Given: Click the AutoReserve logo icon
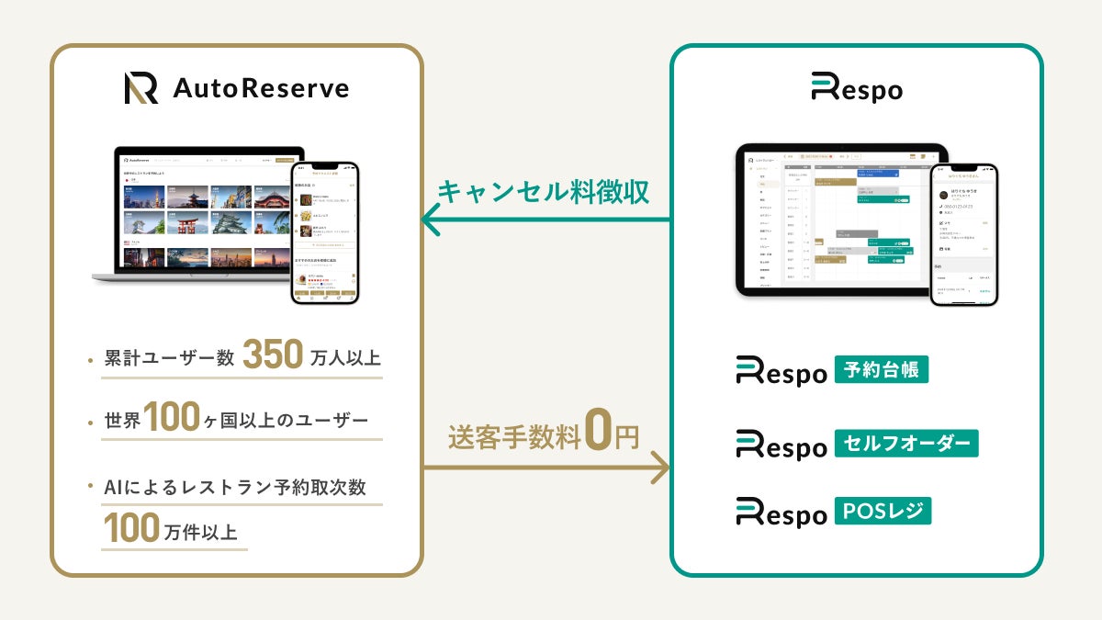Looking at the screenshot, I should point(141,88).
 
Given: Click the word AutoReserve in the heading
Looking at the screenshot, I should point(261,89).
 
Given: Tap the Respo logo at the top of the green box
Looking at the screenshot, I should point(856,89).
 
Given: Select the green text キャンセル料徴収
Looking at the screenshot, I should point(544,192).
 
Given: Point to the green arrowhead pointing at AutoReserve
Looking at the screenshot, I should point(431,220).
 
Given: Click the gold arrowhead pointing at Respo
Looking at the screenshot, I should point(660,468).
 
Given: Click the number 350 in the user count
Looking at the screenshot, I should point(274,356).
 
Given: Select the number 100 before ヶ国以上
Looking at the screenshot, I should point(172,419).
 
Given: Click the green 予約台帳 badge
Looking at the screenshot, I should point(881,369).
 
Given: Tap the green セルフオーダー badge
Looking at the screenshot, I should point(905,443).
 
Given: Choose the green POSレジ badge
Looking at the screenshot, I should point(883,511).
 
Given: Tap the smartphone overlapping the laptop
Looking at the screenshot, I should point(324,233).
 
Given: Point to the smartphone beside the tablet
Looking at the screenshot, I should point(962,234).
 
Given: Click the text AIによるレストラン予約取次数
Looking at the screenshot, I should point(234,487).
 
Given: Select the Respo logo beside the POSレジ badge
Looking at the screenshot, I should point(782,513).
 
